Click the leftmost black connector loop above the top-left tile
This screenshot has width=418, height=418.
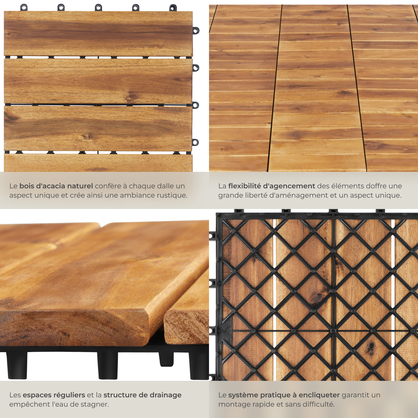tap(24, 7)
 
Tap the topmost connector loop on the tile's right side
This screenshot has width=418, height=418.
tap(196, 30)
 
